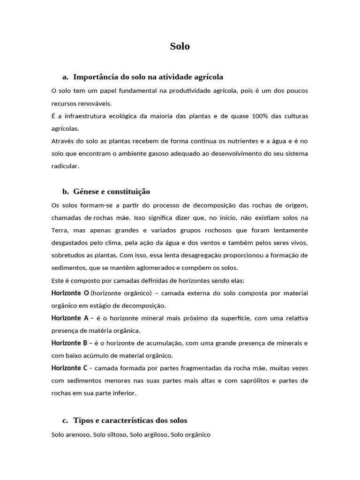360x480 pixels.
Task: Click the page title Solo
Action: coord(180,46)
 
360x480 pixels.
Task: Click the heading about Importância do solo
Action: coord(148,76)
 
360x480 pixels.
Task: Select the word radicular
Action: coord(65,166)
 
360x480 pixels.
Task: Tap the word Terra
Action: coord(60,230)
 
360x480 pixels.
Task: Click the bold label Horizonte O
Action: coord(70,293)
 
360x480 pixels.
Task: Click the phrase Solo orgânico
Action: coord(191,435)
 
